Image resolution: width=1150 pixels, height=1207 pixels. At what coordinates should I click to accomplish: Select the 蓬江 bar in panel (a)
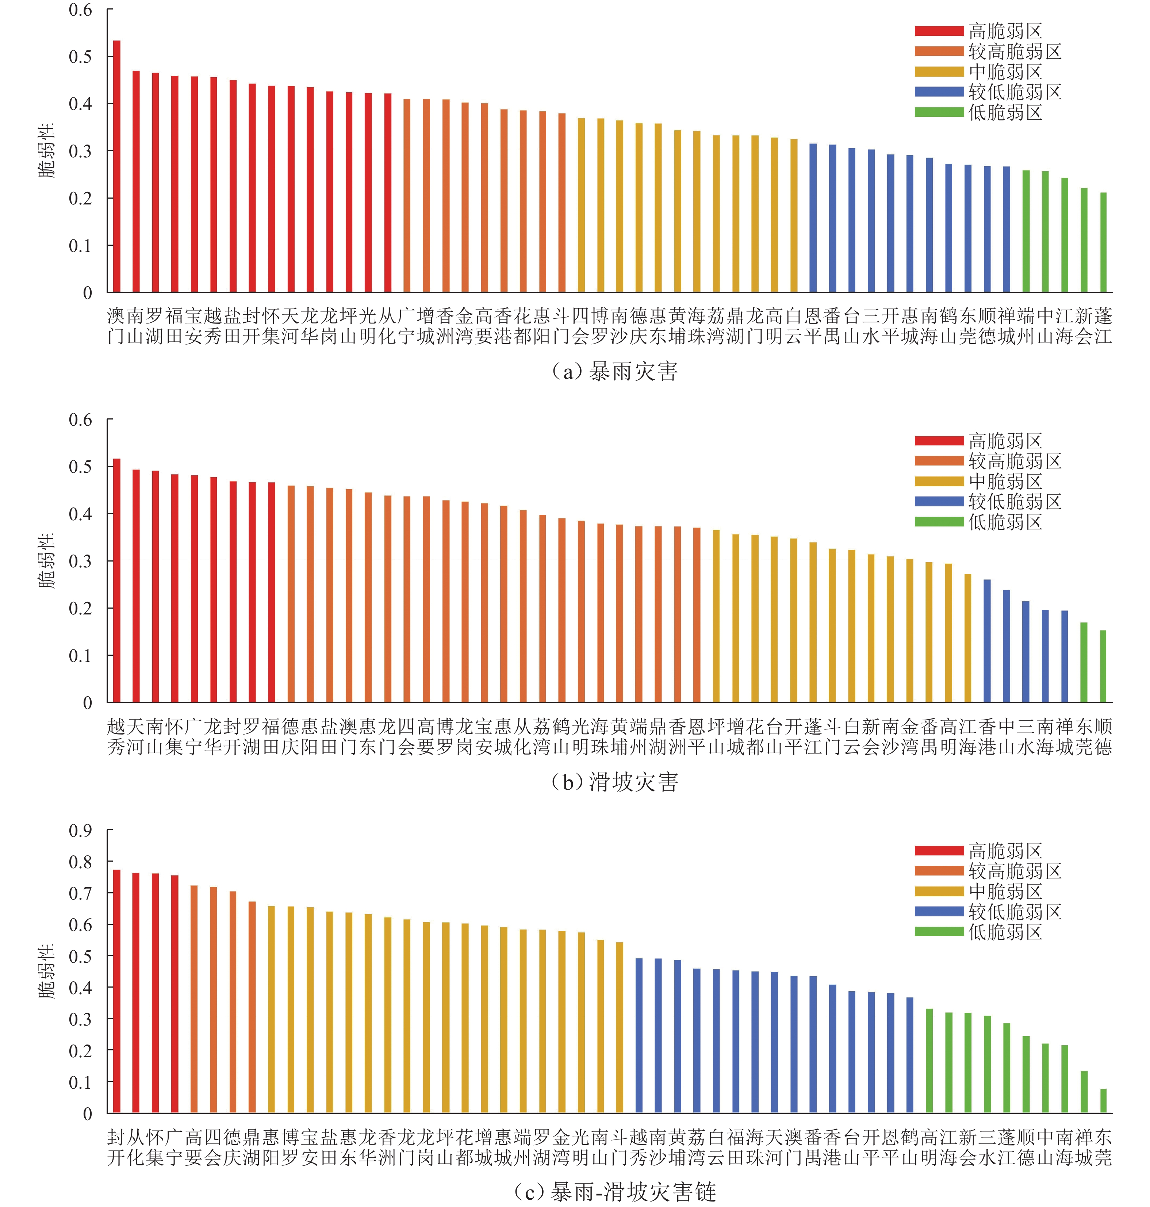click(x=1103, y=242)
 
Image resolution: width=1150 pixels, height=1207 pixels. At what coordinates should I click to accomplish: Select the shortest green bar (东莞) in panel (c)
click(x=1103, y=1101)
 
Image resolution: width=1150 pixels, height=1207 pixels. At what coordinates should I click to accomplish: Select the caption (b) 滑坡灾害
click(x=615, y=782)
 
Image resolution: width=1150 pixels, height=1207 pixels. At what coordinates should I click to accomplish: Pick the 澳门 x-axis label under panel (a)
click(x=116, y=326)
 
